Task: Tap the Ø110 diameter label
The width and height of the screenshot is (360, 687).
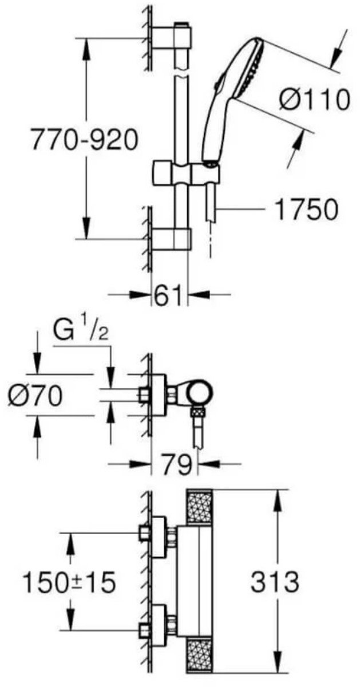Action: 314,101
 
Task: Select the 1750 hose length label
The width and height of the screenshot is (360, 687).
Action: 306,210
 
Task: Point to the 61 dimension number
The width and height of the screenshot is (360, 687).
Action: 169,297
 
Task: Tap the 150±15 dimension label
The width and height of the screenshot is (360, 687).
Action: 69,583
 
